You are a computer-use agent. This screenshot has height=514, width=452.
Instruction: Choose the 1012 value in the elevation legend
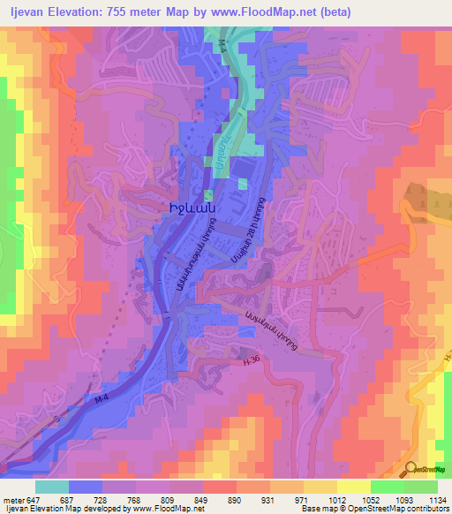pyautogui.click(x=335, y=500)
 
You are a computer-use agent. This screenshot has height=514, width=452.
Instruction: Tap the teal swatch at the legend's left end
pyautogui.click(x=52, y=487)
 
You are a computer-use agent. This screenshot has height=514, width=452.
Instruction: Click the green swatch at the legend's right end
pyautogui.click(x=420, y=487)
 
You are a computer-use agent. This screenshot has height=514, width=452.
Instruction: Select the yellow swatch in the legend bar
pyautogui.click(x=353, y=487)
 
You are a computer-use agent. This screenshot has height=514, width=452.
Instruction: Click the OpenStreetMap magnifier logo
pyautogui.click(x=411, y=470)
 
